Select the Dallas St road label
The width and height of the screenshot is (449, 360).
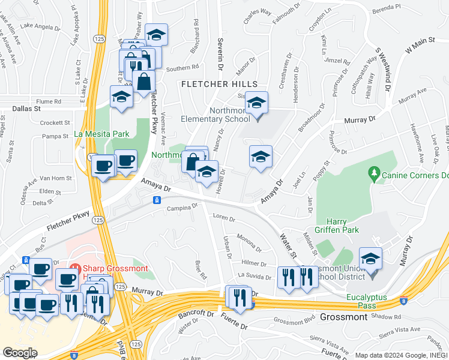pyautogui.click(x=26, y=110)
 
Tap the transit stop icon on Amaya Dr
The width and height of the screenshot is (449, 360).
pyautogui.click(x=157, y=200)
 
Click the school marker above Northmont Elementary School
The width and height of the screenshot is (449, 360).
pyautogui.click(x=256, y=103)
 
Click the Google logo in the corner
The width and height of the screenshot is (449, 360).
pyautogui.click(x=19, y=353)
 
